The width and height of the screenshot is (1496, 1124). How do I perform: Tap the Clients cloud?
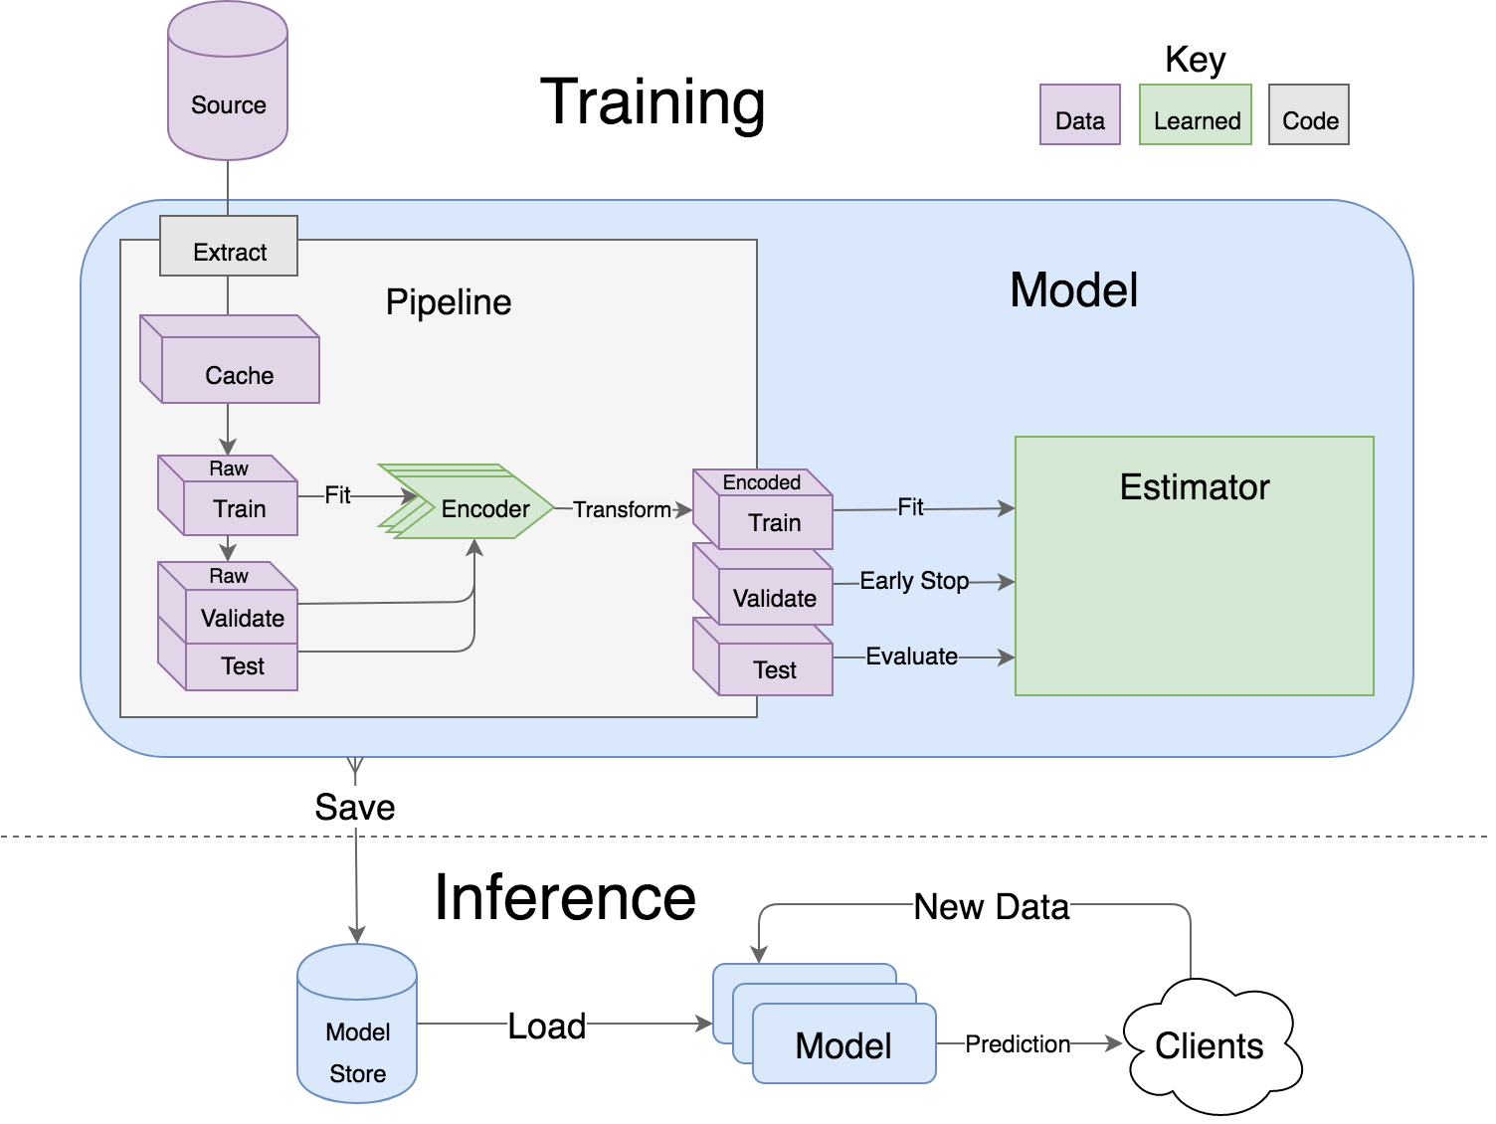[x=1210, y=1045]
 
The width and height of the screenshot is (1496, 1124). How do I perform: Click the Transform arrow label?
[x=622, y=509]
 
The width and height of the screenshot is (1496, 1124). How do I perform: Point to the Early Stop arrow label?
[x=914, y=581]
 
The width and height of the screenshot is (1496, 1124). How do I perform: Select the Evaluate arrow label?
[x=911, y=656]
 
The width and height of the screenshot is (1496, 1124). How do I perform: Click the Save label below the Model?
[x=355, y=806]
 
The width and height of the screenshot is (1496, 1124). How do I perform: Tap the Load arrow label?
[x=547, y=1026]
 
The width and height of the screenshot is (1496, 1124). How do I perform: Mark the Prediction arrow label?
[x=1018, y=1043]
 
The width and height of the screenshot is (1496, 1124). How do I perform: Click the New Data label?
[x=992, y=906]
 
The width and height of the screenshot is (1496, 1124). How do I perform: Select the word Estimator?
[x=1195, y=487]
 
